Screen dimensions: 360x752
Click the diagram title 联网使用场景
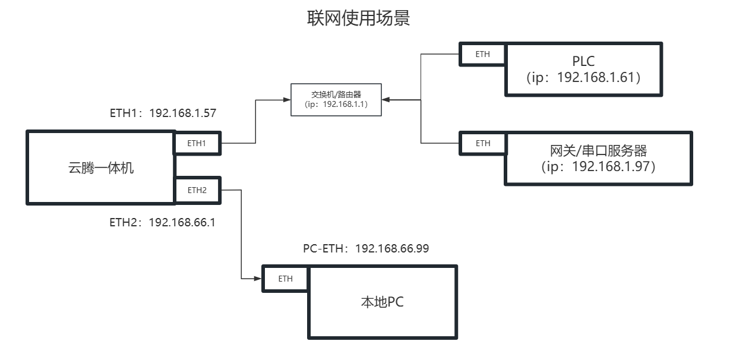click(358, 18)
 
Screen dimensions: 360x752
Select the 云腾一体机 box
click(100, 168)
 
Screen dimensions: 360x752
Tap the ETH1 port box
click(197, 143)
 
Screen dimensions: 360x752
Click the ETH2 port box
click(197, 190)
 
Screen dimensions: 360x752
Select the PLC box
click(583, 69)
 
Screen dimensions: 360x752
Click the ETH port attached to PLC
click(482, 54)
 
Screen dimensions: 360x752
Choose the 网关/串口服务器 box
click(598, 158)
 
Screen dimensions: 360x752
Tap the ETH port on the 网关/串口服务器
click(482, 143)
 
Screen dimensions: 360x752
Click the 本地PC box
click(383, 302)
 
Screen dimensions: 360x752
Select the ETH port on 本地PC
click(285, 279)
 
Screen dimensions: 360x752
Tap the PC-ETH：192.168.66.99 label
click(366, 248)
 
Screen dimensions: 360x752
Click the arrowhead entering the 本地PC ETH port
click(258, 278)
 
